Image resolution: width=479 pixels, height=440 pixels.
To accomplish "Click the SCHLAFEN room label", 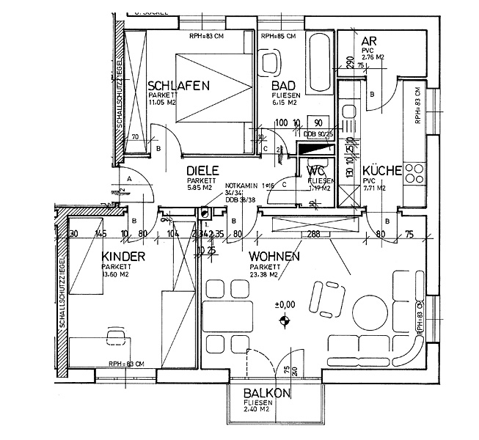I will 178,86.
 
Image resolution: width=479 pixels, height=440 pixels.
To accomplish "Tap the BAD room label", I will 282,86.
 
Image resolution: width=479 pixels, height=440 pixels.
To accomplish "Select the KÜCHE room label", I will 382,170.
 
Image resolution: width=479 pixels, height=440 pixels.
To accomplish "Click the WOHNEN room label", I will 274,257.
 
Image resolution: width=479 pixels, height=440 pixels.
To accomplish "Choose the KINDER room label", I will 120,256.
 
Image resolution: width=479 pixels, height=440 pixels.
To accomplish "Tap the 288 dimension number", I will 314,235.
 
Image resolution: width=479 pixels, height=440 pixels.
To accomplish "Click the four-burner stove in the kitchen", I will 415,174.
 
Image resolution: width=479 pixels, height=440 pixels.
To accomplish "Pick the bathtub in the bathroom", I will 319,63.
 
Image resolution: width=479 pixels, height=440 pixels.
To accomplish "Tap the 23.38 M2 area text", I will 263,276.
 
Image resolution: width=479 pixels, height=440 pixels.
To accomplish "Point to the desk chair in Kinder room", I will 116,336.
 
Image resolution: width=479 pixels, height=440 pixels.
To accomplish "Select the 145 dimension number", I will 101,235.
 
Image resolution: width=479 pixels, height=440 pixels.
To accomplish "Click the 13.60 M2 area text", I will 116,275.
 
